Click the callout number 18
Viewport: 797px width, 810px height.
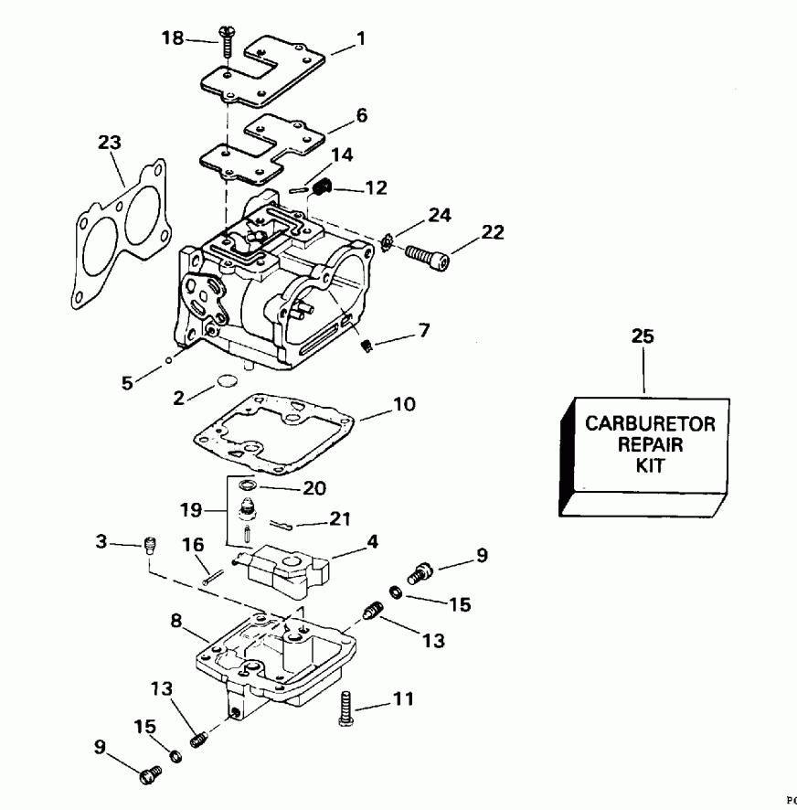coord(172,38)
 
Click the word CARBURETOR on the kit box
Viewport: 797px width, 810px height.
coord(644,424)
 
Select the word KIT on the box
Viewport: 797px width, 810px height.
coord(644,464)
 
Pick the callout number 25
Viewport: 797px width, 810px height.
coord(643,336)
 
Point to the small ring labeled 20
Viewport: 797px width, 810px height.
coord(248,485)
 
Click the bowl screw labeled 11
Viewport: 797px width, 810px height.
coord(345,709)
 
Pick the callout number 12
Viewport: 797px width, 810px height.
coord(376,189)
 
